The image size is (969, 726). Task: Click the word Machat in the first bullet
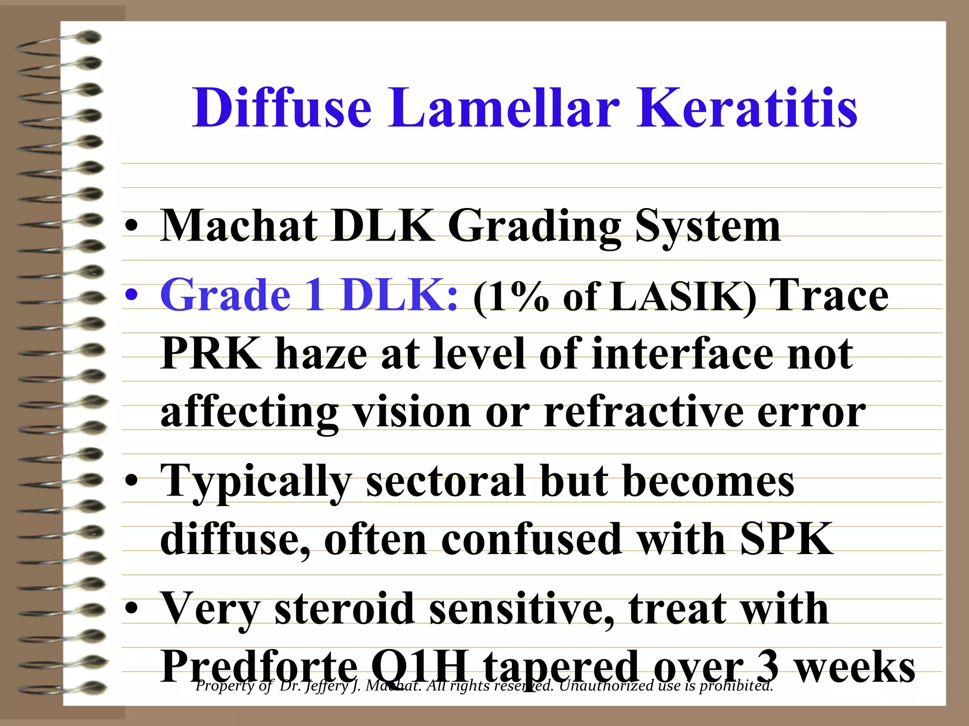pyautogui.click(x=239, y=226)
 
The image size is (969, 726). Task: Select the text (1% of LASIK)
pyautogui.click(x=615, y=297)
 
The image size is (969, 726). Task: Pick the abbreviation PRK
pyautogui.click(x=211, y=353)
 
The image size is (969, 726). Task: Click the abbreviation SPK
pyautogui.click(x=786, y=539)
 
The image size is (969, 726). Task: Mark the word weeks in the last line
pyautogui.click(x=854, y=666)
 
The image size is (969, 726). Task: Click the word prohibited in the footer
pyautogui.click(x=736, y=686)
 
